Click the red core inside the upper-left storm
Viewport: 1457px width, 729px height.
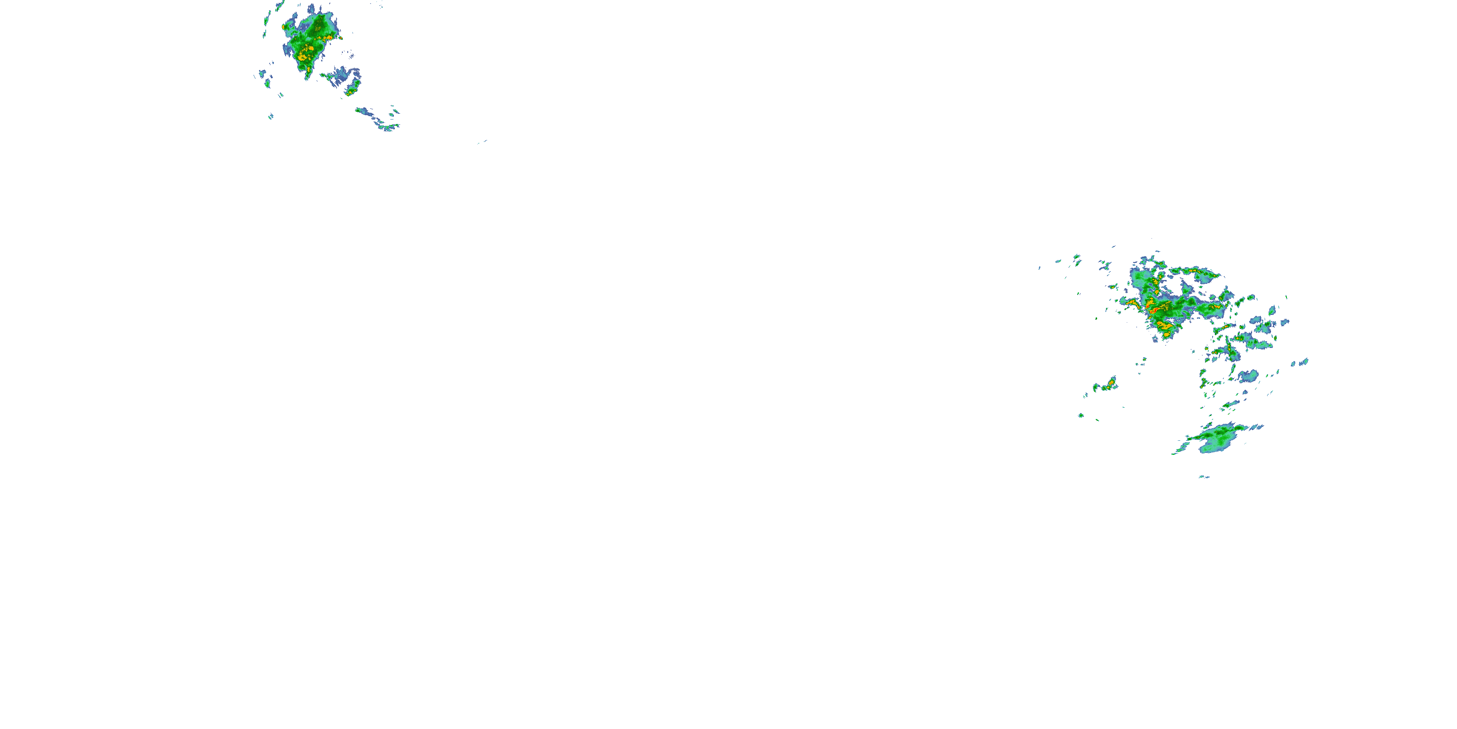click(x=310, y=49)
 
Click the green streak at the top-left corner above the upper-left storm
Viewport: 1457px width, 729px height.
click(x=279, y=6)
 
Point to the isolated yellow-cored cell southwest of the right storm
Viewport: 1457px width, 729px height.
click(x=1109, y=385)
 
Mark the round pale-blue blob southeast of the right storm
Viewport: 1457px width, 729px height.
click(x=1248, y=375)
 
